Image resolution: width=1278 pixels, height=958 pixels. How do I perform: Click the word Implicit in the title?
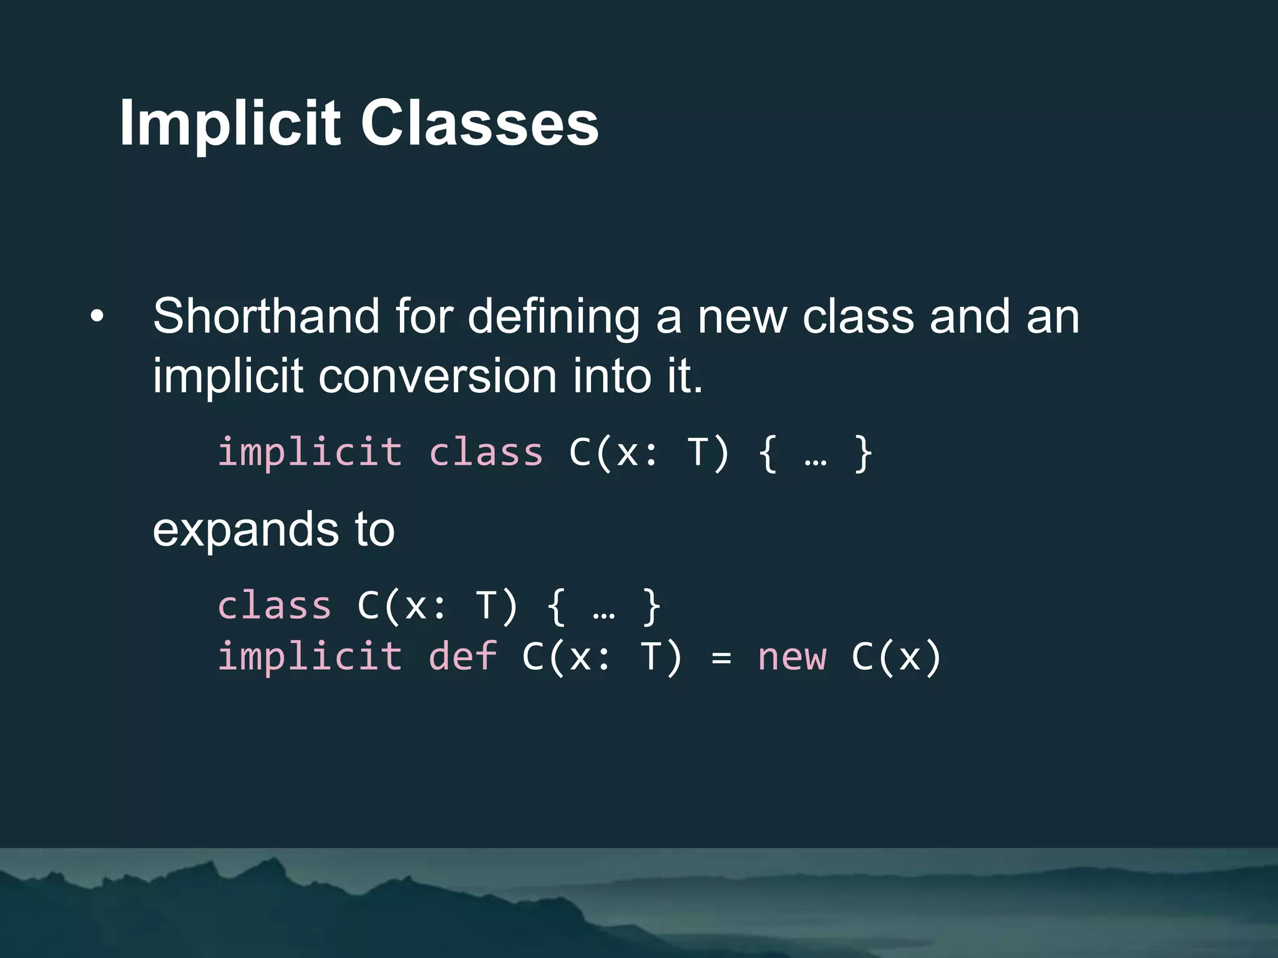click(230, 123)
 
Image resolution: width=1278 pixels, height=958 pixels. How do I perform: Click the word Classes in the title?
click(479, 123)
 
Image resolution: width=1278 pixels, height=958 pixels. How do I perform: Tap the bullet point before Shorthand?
click(96, 316)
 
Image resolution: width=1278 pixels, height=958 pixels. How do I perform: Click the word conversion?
click(437, 376)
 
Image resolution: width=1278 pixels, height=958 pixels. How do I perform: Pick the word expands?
click(245, 530)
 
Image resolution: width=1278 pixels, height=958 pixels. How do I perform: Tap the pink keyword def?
click(462, 657)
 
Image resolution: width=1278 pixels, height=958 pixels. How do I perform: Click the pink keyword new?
click(792, 657)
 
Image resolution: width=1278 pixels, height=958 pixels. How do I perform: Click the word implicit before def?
click(310, 657)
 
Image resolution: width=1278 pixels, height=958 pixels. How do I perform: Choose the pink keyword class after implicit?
click(486, 452)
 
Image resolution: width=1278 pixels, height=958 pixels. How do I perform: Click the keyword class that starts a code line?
click(274, 606)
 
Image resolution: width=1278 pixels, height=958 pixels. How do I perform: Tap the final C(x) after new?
click(896, 657)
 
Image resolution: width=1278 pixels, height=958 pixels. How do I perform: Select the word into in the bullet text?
click(610, 376)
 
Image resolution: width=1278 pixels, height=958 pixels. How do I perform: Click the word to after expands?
click(374, 530)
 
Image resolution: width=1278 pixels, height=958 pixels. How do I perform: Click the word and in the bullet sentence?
click(969, 316)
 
